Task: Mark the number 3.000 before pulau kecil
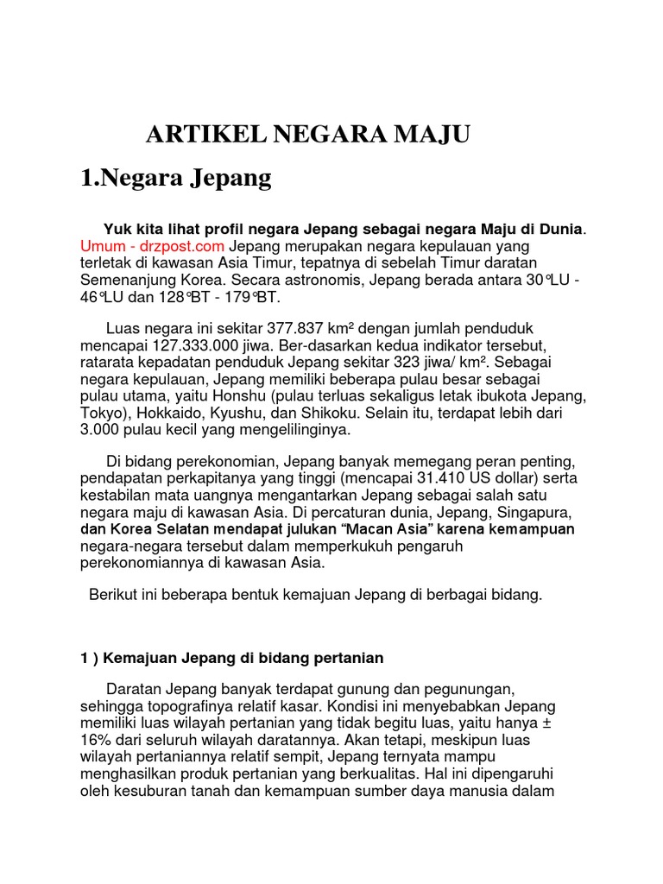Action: pos(100,429)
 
